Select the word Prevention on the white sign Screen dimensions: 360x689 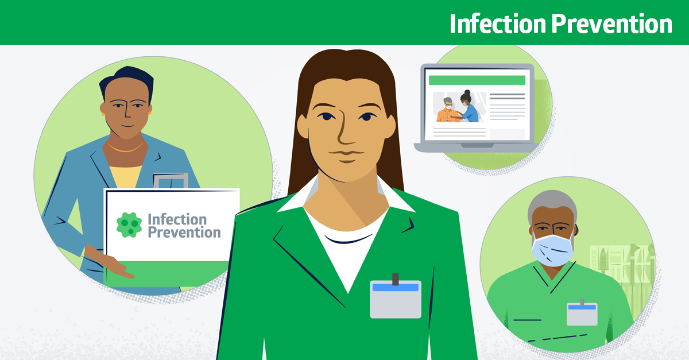184,233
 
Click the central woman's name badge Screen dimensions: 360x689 395,300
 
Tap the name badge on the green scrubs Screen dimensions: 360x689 582,313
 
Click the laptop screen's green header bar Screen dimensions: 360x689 477,80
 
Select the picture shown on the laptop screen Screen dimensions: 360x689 459,107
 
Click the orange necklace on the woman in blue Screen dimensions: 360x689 125,149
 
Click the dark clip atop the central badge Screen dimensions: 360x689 395,279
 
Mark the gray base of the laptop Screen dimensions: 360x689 477,148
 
